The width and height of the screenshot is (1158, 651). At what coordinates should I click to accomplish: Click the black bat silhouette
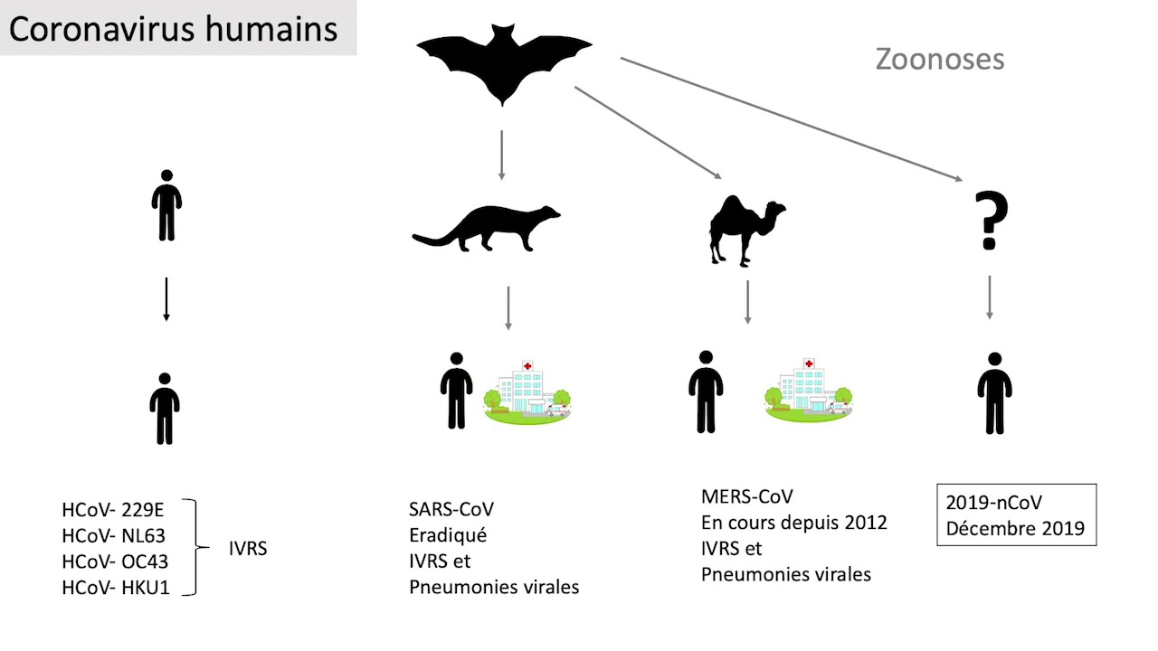504,63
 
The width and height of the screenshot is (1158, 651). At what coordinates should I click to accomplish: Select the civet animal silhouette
486,227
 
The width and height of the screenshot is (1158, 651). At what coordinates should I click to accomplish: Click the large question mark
991,220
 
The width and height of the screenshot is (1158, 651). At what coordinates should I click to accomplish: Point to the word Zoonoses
939,60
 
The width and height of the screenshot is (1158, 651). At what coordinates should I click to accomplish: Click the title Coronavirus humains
173,28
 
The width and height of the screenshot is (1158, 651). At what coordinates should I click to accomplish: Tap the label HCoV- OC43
115,561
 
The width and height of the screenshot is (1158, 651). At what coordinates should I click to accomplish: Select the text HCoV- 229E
113,510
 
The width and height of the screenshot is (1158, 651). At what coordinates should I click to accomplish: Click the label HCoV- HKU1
116,588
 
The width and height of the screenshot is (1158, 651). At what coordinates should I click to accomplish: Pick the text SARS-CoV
451,509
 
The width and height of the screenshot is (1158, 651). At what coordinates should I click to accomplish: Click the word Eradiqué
448,535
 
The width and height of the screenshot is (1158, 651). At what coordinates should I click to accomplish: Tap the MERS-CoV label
746,496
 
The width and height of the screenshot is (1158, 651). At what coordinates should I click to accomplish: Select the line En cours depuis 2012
793,523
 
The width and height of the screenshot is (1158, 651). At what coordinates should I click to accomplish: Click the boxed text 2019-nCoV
993,503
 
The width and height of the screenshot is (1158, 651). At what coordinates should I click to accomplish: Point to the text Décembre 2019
1015,528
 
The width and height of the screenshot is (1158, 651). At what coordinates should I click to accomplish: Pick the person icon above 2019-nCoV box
994,393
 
